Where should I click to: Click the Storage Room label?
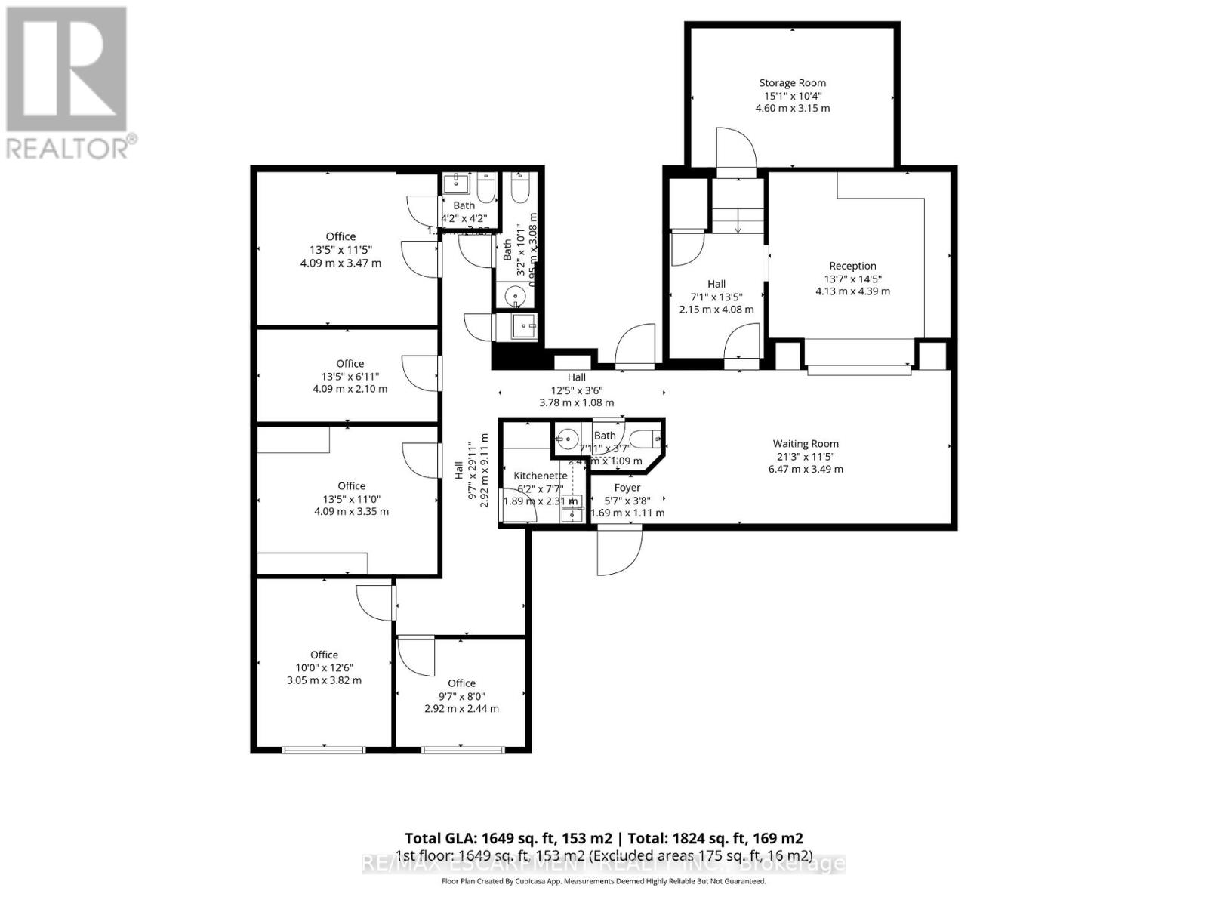[792, 83]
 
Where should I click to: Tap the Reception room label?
[852, 266]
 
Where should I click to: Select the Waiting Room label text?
[805, 444]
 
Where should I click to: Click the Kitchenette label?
[540, 476]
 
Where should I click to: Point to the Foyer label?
[627, 488]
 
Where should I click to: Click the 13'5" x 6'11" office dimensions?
[350, 377]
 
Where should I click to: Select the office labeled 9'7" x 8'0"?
[461, 683]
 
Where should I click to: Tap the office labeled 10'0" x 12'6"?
[324, 655]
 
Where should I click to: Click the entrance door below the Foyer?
[619, 551]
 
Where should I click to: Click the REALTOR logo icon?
[66, 69]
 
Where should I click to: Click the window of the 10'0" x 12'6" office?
[324, 750]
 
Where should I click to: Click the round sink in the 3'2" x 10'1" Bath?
[516, 295]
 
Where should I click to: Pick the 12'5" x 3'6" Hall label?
[576, 377]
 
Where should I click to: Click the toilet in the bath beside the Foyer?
[646, 438]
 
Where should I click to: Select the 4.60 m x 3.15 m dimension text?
[792, 109]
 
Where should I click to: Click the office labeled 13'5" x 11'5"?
[341, 236]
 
